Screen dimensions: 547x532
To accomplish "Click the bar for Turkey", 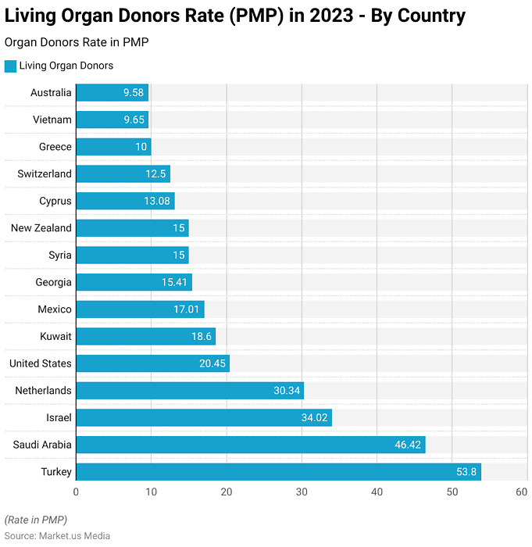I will (278, 472).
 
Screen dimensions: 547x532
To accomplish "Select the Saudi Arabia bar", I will (250, 445).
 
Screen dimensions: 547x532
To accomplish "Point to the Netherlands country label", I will (43, 391).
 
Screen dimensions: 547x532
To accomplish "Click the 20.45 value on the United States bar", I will (212, 363).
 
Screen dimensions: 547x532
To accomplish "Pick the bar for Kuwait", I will (145, 337).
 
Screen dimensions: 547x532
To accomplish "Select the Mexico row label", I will (54, 309).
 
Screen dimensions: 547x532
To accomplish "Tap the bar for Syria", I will (132, 256).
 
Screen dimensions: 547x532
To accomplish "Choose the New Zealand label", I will (41, 228).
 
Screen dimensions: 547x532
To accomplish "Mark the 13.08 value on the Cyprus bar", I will (157, 201).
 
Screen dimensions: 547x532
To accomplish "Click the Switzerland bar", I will (123, 174).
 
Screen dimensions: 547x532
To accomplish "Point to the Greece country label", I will (55, 147).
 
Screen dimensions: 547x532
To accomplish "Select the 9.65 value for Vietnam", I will (134, 120).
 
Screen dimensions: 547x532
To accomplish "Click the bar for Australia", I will (112, 93).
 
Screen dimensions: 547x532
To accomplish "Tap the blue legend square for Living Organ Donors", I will (10, 66).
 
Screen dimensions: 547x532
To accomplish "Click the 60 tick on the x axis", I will (522, 492).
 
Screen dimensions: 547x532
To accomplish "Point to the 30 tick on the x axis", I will (302, 492).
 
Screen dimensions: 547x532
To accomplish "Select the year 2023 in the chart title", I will (329, 15).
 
